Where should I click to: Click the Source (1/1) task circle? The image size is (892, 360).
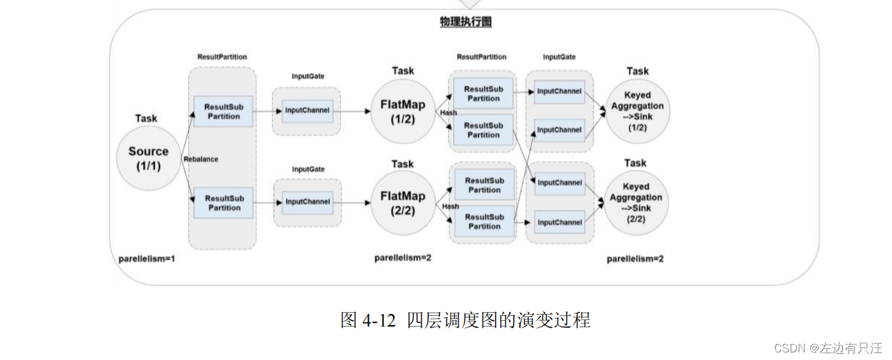coord(149,158)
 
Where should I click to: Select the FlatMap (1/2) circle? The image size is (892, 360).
coord(402,112)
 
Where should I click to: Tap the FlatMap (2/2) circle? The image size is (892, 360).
coord(402,203)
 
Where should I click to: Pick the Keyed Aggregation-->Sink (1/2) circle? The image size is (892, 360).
coord(637,111)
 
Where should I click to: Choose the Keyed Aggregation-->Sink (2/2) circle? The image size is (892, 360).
coord(635,203)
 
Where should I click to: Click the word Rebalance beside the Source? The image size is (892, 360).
coord(200,159)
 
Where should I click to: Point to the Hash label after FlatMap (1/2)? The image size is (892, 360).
coord(449,113)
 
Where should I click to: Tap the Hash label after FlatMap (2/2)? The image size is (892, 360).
coord(450,206)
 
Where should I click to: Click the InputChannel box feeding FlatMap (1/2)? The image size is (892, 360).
coord(307,110)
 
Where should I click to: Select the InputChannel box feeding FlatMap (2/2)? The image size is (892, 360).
coord(308,202)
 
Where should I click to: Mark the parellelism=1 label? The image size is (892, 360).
coord(146,258)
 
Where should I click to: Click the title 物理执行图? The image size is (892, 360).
coord(465,22)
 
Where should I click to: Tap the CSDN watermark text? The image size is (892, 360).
coord(828,348)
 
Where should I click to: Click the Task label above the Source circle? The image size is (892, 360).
coord(146,119)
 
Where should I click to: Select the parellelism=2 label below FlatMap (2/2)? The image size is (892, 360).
coord(403,257)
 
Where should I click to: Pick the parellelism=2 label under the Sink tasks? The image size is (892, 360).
coord(635,258)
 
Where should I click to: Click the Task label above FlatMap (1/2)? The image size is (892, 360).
coord(403,71)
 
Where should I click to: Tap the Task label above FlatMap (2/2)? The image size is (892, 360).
coord(402,164)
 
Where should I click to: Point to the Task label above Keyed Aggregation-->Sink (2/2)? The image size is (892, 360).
coord(635,163)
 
